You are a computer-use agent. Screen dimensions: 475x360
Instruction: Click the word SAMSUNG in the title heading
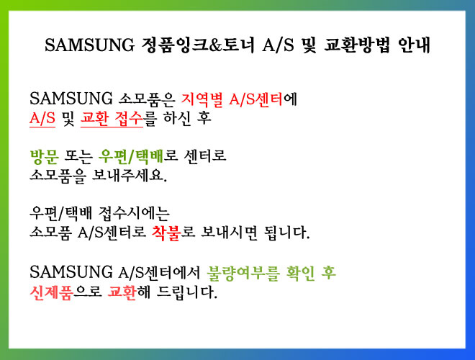coord(89,45)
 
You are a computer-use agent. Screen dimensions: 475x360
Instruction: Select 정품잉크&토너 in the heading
coord(198,45)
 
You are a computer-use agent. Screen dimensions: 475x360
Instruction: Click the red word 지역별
coord(202,99)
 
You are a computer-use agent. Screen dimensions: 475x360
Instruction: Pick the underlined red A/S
coord(42,118)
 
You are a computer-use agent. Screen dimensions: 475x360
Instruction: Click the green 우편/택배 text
coord(131,157)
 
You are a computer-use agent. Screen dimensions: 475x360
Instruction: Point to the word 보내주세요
coord(130,176)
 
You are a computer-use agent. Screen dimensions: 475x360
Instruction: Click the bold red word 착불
coord(166,233)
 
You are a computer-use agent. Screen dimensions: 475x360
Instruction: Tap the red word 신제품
coord(51,292)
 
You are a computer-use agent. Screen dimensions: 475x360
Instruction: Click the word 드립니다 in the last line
coord(187,292)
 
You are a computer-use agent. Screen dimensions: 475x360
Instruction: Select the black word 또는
coord(78,157)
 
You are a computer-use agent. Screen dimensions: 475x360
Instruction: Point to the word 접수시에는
coord(134,214)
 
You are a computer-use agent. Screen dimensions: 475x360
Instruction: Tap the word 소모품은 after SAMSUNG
coord(147,99)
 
